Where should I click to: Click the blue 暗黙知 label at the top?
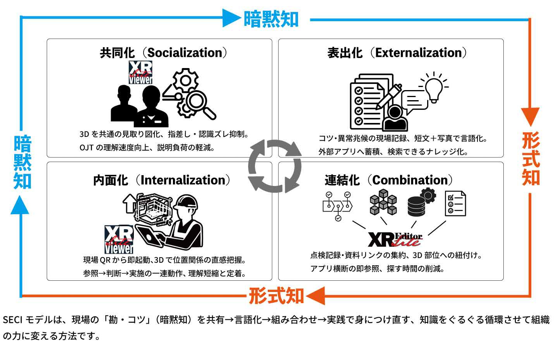click(x=271, y=19)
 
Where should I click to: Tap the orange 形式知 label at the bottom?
click(x=276, y=296)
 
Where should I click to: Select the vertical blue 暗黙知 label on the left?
click(x=22, y=162)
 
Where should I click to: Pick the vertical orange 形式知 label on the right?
click(x=530, y=159)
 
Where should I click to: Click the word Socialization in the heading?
click(x=185, y=53)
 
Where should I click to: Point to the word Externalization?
click(x=419, y=53)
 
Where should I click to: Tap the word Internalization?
click(x=183, y=180)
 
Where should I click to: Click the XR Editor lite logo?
click(x=395, y=239)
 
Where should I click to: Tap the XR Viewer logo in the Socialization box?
click(x=140, y=72)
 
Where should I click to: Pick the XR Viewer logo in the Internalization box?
click(x=119, y=239)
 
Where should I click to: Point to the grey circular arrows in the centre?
click(x=275, y=166)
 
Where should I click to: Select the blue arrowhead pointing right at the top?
click(x=231, y=18)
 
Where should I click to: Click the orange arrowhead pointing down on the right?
click(x=530, y=116)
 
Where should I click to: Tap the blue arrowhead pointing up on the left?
click(x=20, y=205)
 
